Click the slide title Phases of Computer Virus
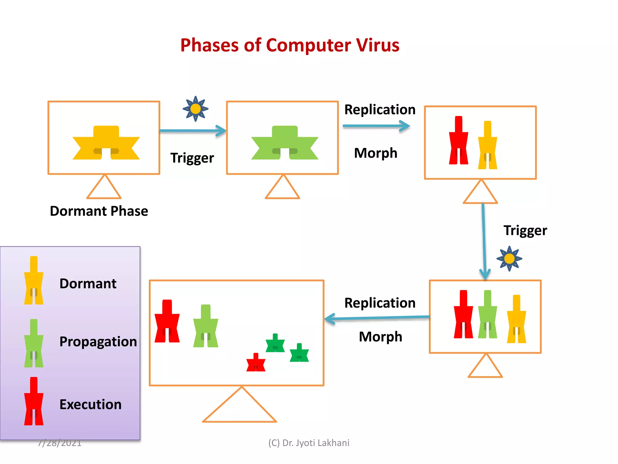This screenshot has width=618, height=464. click(290, 45)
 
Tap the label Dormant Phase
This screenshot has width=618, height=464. click(99, 211)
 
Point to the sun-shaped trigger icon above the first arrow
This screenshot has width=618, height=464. click(196, 109)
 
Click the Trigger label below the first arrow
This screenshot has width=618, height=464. click(192, 158)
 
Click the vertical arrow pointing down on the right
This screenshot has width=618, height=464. click(484, 242)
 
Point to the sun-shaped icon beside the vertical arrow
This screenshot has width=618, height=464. click(509, 259)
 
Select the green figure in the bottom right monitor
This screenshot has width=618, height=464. click(487, 314)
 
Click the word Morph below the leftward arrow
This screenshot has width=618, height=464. click(381, 337)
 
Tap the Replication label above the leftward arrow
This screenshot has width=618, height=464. click(380, 303)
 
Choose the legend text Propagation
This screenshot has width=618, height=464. click(98, 342)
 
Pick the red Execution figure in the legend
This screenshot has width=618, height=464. click(34, 401)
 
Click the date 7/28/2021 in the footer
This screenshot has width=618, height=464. click(60, 443)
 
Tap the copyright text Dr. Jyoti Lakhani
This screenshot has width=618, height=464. click(309, 443)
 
